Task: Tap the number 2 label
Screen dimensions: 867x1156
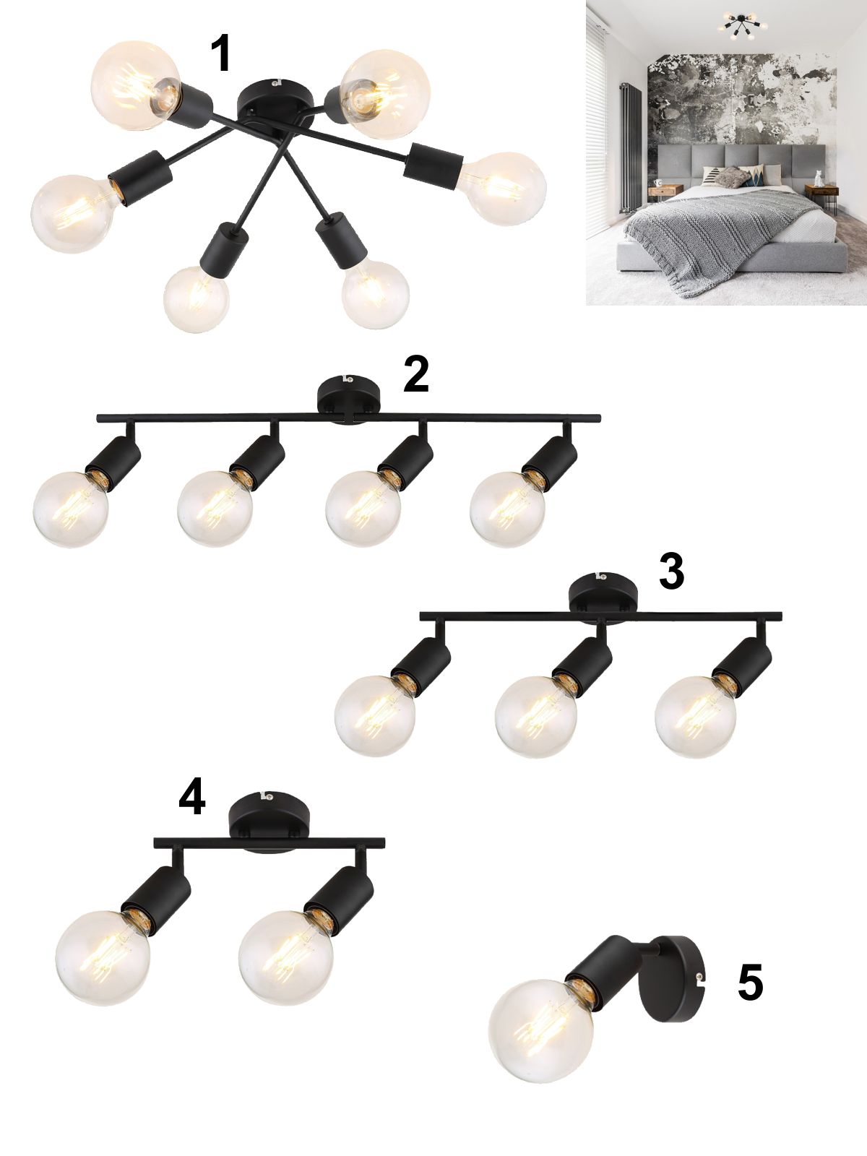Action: click(416, 375)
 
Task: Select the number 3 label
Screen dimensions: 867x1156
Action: click(671, 572)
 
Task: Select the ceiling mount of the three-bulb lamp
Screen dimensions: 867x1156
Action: click(603, 593)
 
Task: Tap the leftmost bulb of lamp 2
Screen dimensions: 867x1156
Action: click(70, 509)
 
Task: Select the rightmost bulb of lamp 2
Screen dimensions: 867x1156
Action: click(507, 509)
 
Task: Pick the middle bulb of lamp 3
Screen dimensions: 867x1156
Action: click(535, 716)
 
